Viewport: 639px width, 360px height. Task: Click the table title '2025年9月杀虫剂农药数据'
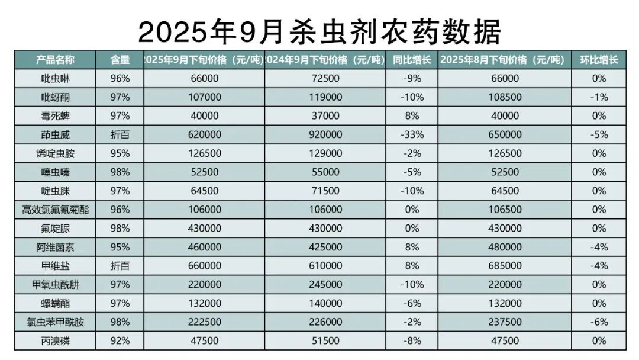(x=319, y=31)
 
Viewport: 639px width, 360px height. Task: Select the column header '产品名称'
(x=55, y=60)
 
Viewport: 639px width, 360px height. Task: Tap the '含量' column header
(x=120, y=60)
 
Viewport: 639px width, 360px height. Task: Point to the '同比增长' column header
(x=412, y=60)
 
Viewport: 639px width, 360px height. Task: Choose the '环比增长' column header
(x=599, y=60)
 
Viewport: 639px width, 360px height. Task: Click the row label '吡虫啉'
(x=55, y=78)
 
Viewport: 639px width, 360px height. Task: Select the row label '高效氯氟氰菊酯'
(x=55, y=210)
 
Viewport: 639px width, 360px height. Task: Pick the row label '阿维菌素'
(x=55, y=247)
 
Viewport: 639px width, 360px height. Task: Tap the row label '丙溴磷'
(x=55, y=340)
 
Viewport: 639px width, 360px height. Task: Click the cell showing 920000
(x=325, y=134)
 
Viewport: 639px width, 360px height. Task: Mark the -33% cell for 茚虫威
(x=412, y=134)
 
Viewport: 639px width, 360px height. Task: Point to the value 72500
(x=325, y=78)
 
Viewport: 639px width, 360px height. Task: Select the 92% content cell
(x=120, y=340)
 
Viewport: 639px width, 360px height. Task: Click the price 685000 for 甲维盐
(x=505, y=266)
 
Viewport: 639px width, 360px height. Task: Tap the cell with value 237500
(x=505, y=322)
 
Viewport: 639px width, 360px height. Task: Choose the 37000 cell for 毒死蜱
(x=325, y=116)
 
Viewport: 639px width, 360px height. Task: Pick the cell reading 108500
(x=505, y=97)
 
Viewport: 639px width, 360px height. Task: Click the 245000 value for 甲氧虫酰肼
(x=325, y=284)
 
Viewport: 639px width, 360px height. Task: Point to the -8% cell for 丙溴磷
(x=412, y=340)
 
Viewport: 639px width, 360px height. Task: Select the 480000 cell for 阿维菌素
(x=505, y=247)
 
